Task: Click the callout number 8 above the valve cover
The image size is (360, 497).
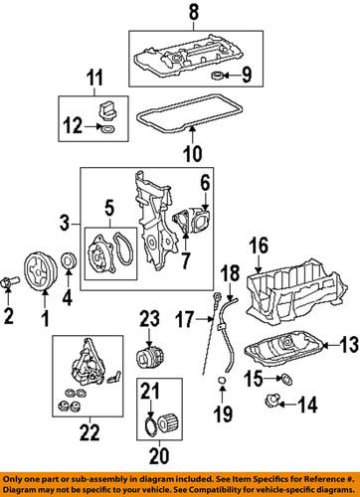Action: pyautogui.click(x=194, y=12)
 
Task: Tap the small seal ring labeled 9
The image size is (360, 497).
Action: pyautogui.click(x=216, y=76)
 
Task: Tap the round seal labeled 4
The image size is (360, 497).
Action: pyautogui.click(x=70, y=260)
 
